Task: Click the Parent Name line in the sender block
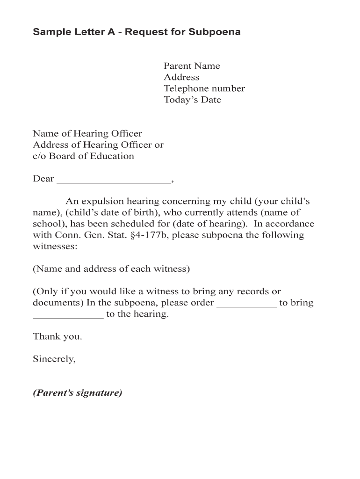(192, 66)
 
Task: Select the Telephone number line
(204, 88)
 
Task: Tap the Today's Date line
(192, 100)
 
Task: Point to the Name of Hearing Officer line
(87, 134)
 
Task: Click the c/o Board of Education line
(83, 156)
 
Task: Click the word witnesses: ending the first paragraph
(55, 247)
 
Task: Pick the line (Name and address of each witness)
(111, 269)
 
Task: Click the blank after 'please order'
(247, 304)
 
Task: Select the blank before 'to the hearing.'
(68, 315)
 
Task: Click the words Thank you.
(58, 336)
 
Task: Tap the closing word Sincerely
(54, 359)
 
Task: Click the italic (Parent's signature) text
(78, 393)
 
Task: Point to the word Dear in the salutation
(43, 179)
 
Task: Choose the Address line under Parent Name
(181, 77)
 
